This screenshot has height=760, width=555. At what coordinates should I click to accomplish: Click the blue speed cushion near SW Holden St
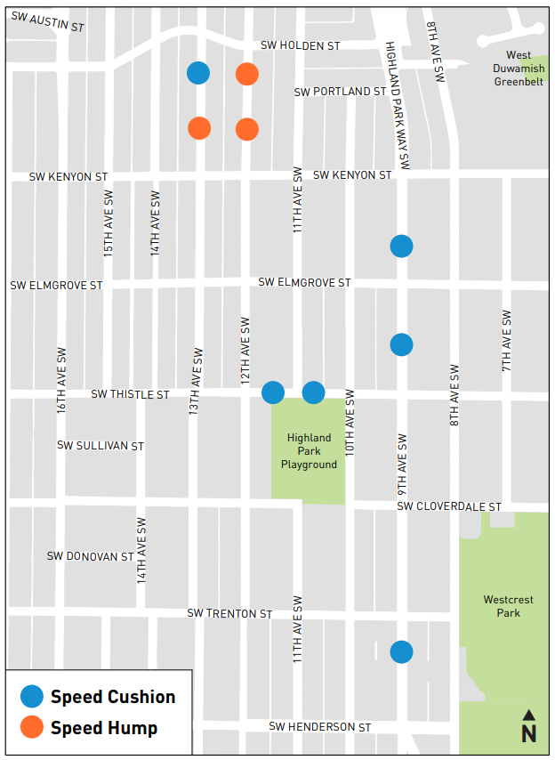pyautogui.click(x=198, y=73)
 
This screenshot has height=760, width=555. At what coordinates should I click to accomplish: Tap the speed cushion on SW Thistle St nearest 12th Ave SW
pyautogui.click(x=273, y=392)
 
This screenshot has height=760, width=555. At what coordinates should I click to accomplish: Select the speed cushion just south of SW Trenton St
pyautogui.click(x=401, y=652)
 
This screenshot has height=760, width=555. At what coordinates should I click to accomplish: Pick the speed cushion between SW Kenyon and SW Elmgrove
pyautogui.click(x=401, y=246)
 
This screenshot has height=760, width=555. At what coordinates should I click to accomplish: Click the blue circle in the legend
pyautogui.click(x=32, y=697)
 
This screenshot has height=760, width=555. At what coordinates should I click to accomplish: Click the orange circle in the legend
pyautogui.click(x=32, y=728)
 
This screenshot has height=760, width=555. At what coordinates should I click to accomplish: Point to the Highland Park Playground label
pyautogui.click(x=309, y=451)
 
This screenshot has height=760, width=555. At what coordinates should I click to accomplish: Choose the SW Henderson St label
pyautogui.click(x=319, y=727)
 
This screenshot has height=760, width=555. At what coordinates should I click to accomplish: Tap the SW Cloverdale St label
pyautogui.click(x=448, y=506)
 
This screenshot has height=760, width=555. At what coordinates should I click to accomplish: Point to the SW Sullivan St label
pyautogui.click(x=100, y=445)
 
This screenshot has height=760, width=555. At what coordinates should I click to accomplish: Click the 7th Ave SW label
pyautogui.click(x=506, y=341)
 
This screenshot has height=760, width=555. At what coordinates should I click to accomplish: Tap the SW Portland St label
pyautogui.click(x=339, y=92)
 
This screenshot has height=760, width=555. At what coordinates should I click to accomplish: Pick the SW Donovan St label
pyautogui.click(x=90, y=556)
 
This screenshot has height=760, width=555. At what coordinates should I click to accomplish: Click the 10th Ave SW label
pyautogui.click(x=350, y=423)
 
